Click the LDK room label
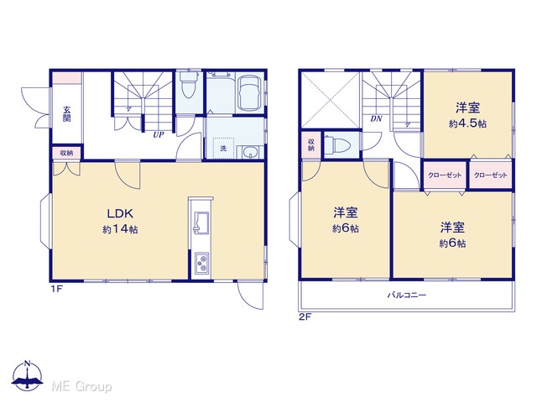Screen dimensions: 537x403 pos(120,213)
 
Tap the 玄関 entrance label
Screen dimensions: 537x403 pos(67,114)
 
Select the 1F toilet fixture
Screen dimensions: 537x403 pos(189,84)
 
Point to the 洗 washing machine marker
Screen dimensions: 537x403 pos(223,148)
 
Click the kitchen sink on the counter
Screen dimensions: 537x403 pos(201,222)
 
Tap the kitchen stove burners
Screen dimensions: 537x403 pos(201,263)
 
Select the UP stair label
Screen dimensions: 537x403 pos(159,134)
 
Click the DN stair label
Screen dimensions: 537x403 pos(376,119)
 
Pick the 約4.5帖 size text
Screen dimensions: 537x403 pos(467,123)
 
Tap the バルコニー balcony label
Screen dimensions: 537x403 pos(407,295)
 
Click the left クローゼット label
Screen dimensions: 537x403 pos(445,175)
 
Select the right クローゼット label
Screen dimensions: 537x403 pos(490,175)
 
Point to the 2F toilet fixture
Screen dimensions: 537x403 pos(337,145)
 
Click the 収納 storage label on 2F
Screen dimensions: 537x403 pos(311,144)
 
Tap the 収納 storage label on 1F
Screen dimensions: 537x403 pos(67,153)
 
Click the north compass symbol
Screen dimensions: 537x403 pos(28,376)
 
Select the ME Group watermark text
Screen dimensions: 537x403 pos(81,386)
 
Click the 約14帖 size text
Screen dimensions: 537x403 pos(120,229)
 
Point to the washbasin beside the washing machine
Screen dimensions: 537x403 pos(252,152)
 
